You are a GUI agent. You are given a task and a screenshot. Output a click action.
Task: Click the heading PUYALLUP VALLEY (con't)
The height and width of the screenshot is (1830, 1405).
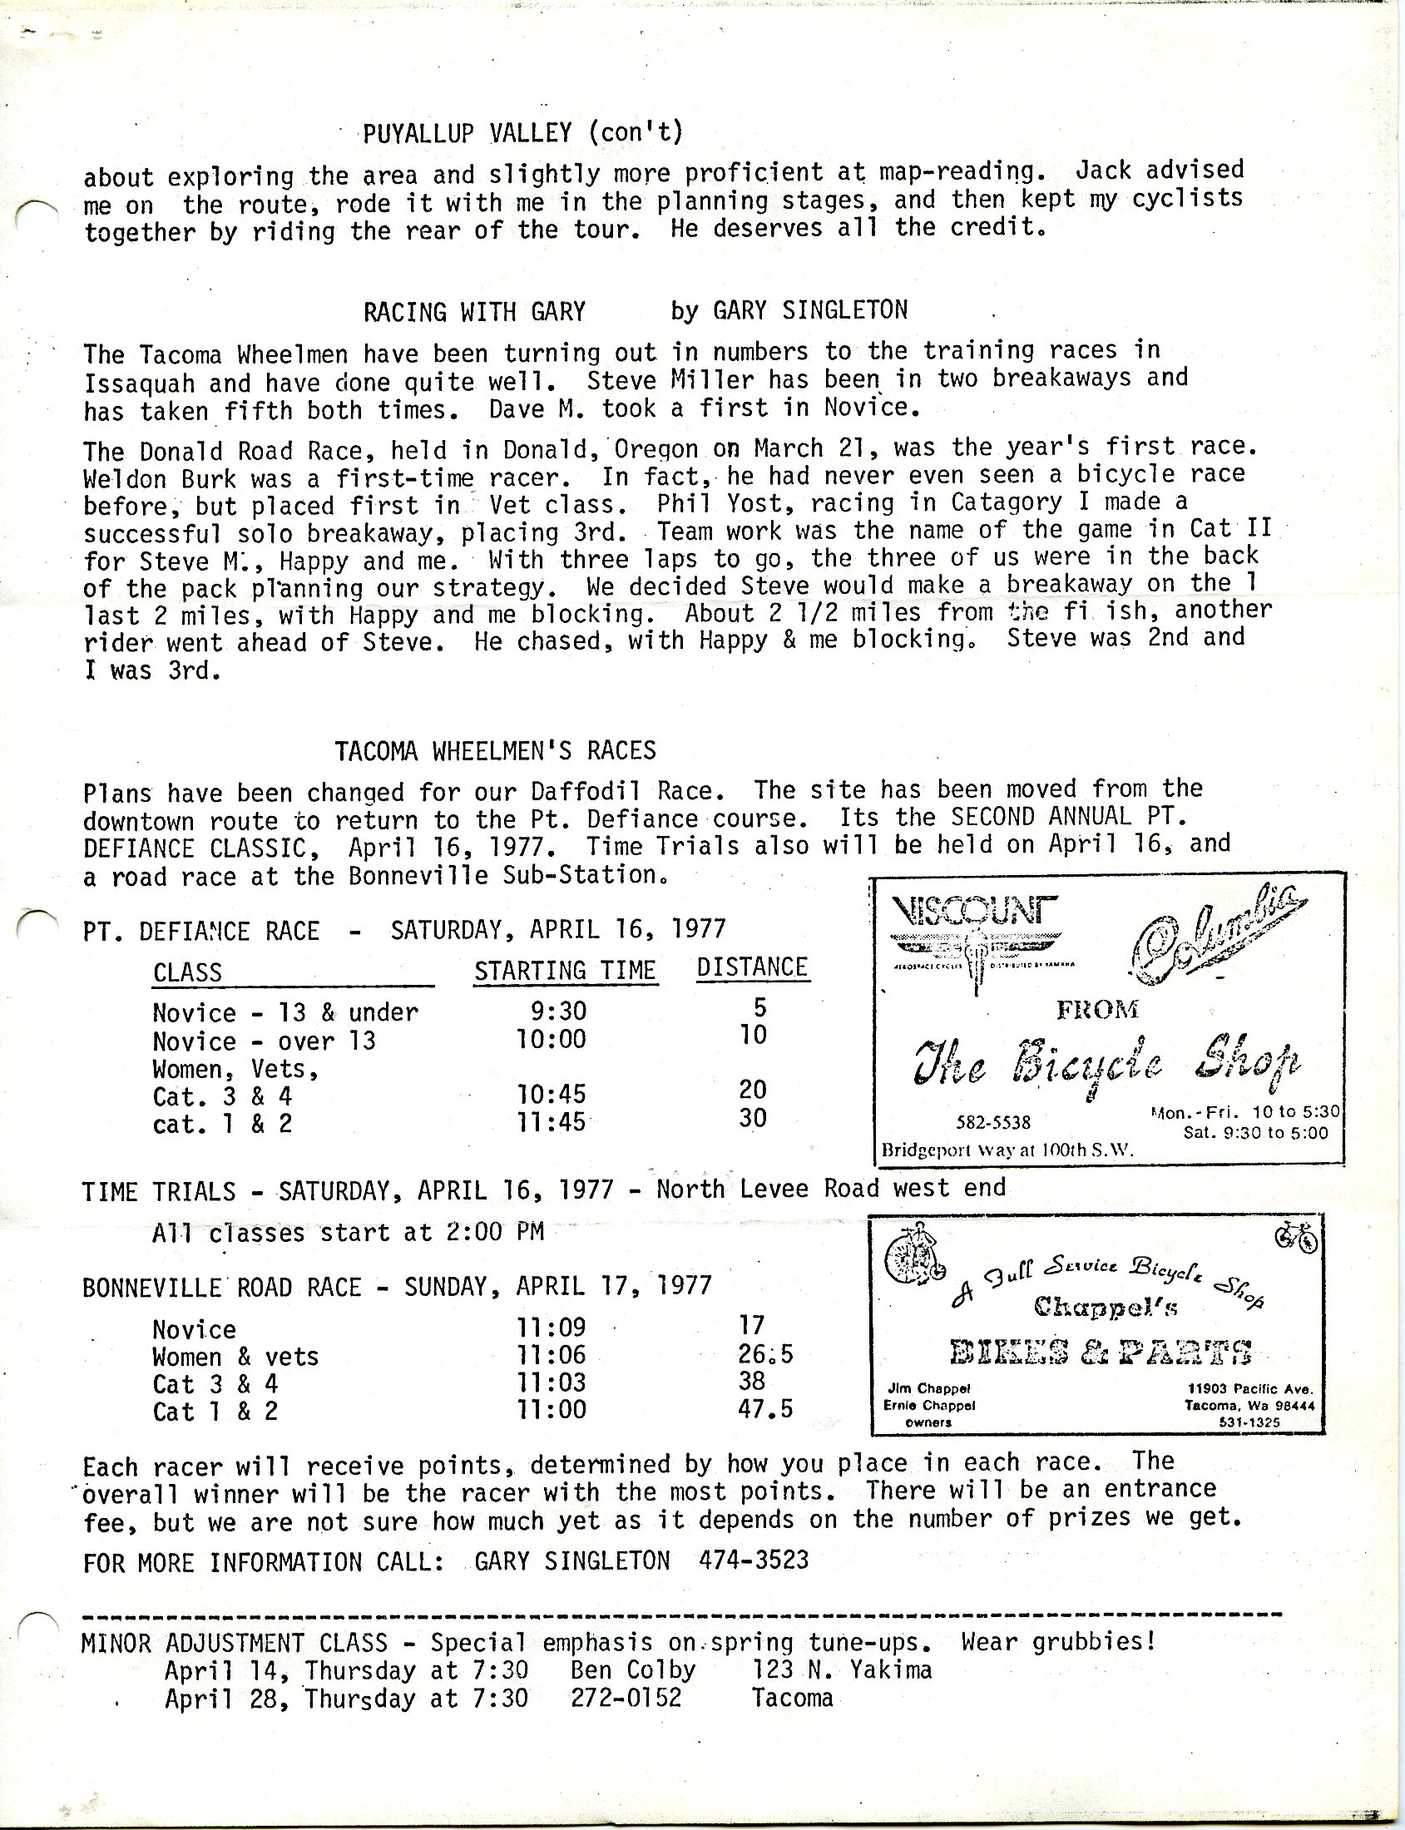click(x=522, y=132)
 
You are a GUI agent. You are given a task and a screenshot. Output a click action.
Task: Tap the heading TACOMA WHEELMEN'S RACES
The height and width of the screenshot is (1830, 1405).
click(x=495, y=750)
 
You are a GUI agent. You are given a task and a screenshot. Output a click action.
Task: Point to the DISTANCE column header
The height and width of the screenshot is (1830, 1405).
click(x=752, y=967)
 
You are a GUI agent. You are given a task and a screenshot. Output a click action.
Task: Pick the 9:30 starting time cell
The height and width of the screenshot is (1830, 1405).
click(x=558, y=1011)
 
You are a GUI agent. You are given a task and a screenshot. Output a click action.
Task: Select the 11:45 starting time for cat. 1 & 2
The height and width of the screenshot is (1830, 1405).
click(x=551, y=1120)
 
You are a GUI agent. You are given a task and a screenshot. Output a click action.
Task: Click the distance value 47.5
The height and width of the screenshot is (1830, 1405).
click(x=765, y=1407)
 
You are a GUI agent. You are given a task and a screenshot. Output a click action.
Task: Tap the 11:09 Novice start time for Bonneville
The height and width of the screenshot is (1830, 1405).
click(x=552, y=1327)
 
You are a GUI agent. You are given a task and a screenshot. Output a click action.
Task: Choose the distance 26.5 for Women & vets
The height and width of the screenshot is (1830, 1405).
click(x=764, y=1353)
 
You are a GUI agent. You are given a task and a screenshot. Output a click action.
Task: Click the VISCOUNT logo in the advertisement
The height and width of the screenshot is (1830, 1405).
click(x=974, y=909)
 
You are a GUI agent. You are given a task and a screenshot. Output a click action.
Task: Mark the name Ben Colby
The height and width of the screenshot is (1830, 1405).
click(x=632, y=1670)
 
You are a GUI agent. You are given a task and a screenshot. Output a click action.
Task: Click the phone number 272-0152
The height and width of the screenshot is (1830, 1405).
click(x=626, y=1698)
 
